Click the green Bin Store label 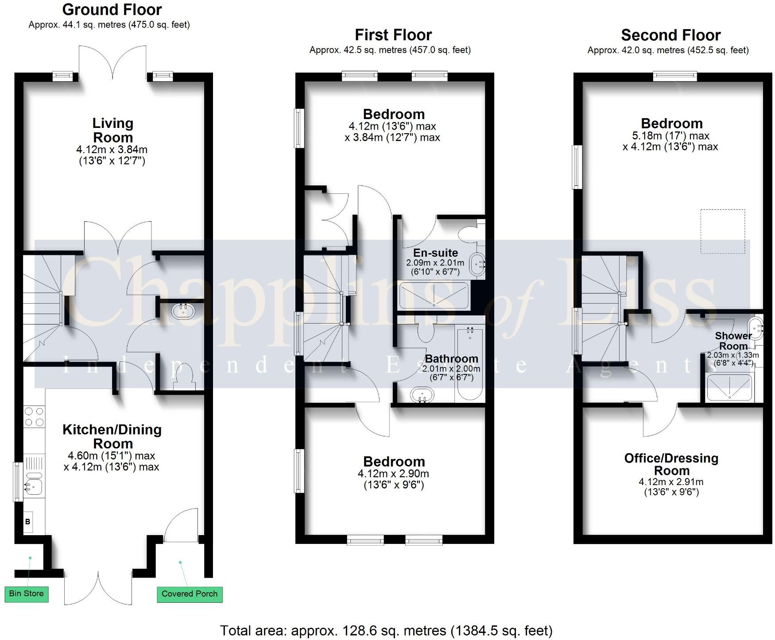26,594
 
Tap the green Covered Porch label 190,594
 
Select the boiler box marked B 28,522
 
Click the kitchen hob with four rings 35,416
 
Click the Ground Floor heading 112,10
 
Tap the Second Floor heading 670,35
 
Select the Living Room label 112,130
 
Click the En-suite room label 435,253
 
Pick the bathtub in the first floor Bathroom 470,364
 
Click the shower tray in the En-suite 434,296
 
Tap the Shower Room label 733,341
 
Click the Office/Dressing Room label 671,464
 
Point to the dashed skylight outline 722,231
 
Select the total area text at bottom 386,630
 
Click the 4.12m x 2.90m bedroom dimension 393,474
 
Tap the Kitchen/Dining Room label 112,436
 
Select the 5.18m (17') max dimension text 671,135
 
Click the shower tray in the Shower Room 729,387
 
